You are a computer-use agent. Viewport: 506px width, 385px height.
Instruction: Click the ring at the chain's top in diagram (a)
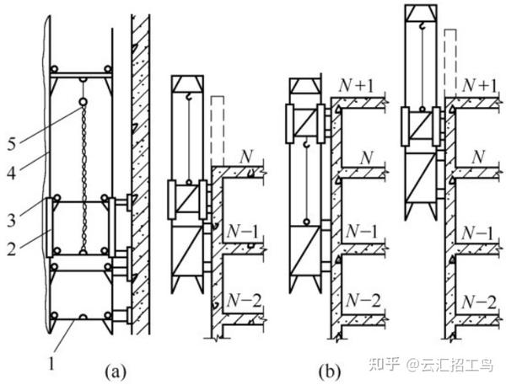(84, 105)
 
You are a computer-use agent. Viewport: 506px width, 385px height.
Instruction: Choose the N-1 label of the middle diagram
(363, 230)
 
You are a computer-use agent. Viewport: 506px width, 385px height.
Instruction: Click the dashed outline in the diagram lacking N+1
(218, 126)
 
